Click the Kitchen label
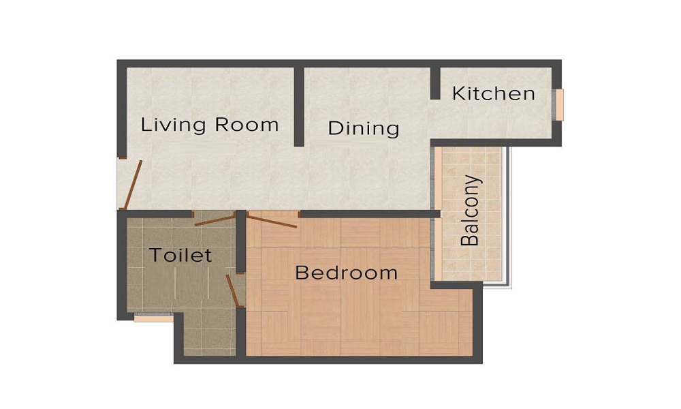pos(493,93)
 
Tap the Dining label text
pos(364,128)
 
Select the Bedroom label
pos(346,273)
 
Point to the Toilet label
pos(180,255)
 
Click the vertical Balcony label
pos(471,211)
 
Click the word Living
pos(173,125)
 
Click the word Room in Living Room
pos(247,125)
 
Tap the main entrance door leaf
pos(132,185)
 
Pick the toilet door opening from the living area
pos(215,219)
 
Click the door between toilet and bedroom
pos(233,291)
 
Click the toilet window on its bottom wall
pos(153,318)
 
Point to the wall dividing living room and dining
pos(299,106)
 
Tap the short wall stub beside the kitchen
pos(435,83)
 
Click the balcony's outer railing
pos(509,217)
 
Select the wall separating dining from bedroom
pos(370,214)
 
